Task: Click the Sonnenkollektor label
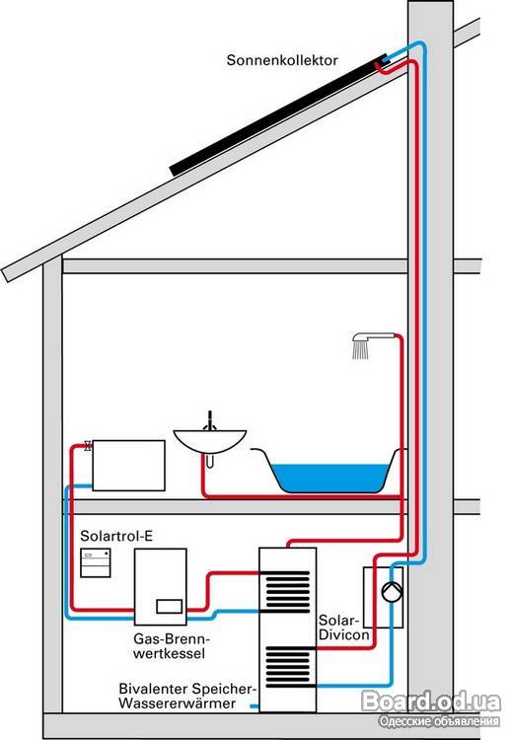(x=282, y=60)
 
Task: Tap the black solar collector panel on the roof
(x=279, y=116)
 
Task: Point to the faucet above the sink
(x=209, y=420)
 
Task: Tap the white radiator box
(x=128, y=466)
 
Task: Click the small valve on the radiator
(x=88, y=446)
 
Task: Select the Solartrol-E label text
(x=116, y=536)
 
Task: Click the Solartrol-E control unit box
(x=96, y=562)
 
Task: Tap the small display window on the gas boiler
(x=170, y=606)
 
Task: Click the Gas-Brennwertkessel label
(x=170, y=646)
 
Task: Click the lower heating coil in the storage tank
(x=287, y=665)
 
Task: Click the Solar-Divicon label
(x=343, y=628)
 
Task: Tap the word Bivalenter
(x=152, y=689)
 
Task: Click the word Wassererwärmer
(x=177, y=703)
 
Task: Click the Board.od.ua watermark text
(x=431, y=702)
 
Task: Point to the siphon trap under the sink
(x=209, y=460)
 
